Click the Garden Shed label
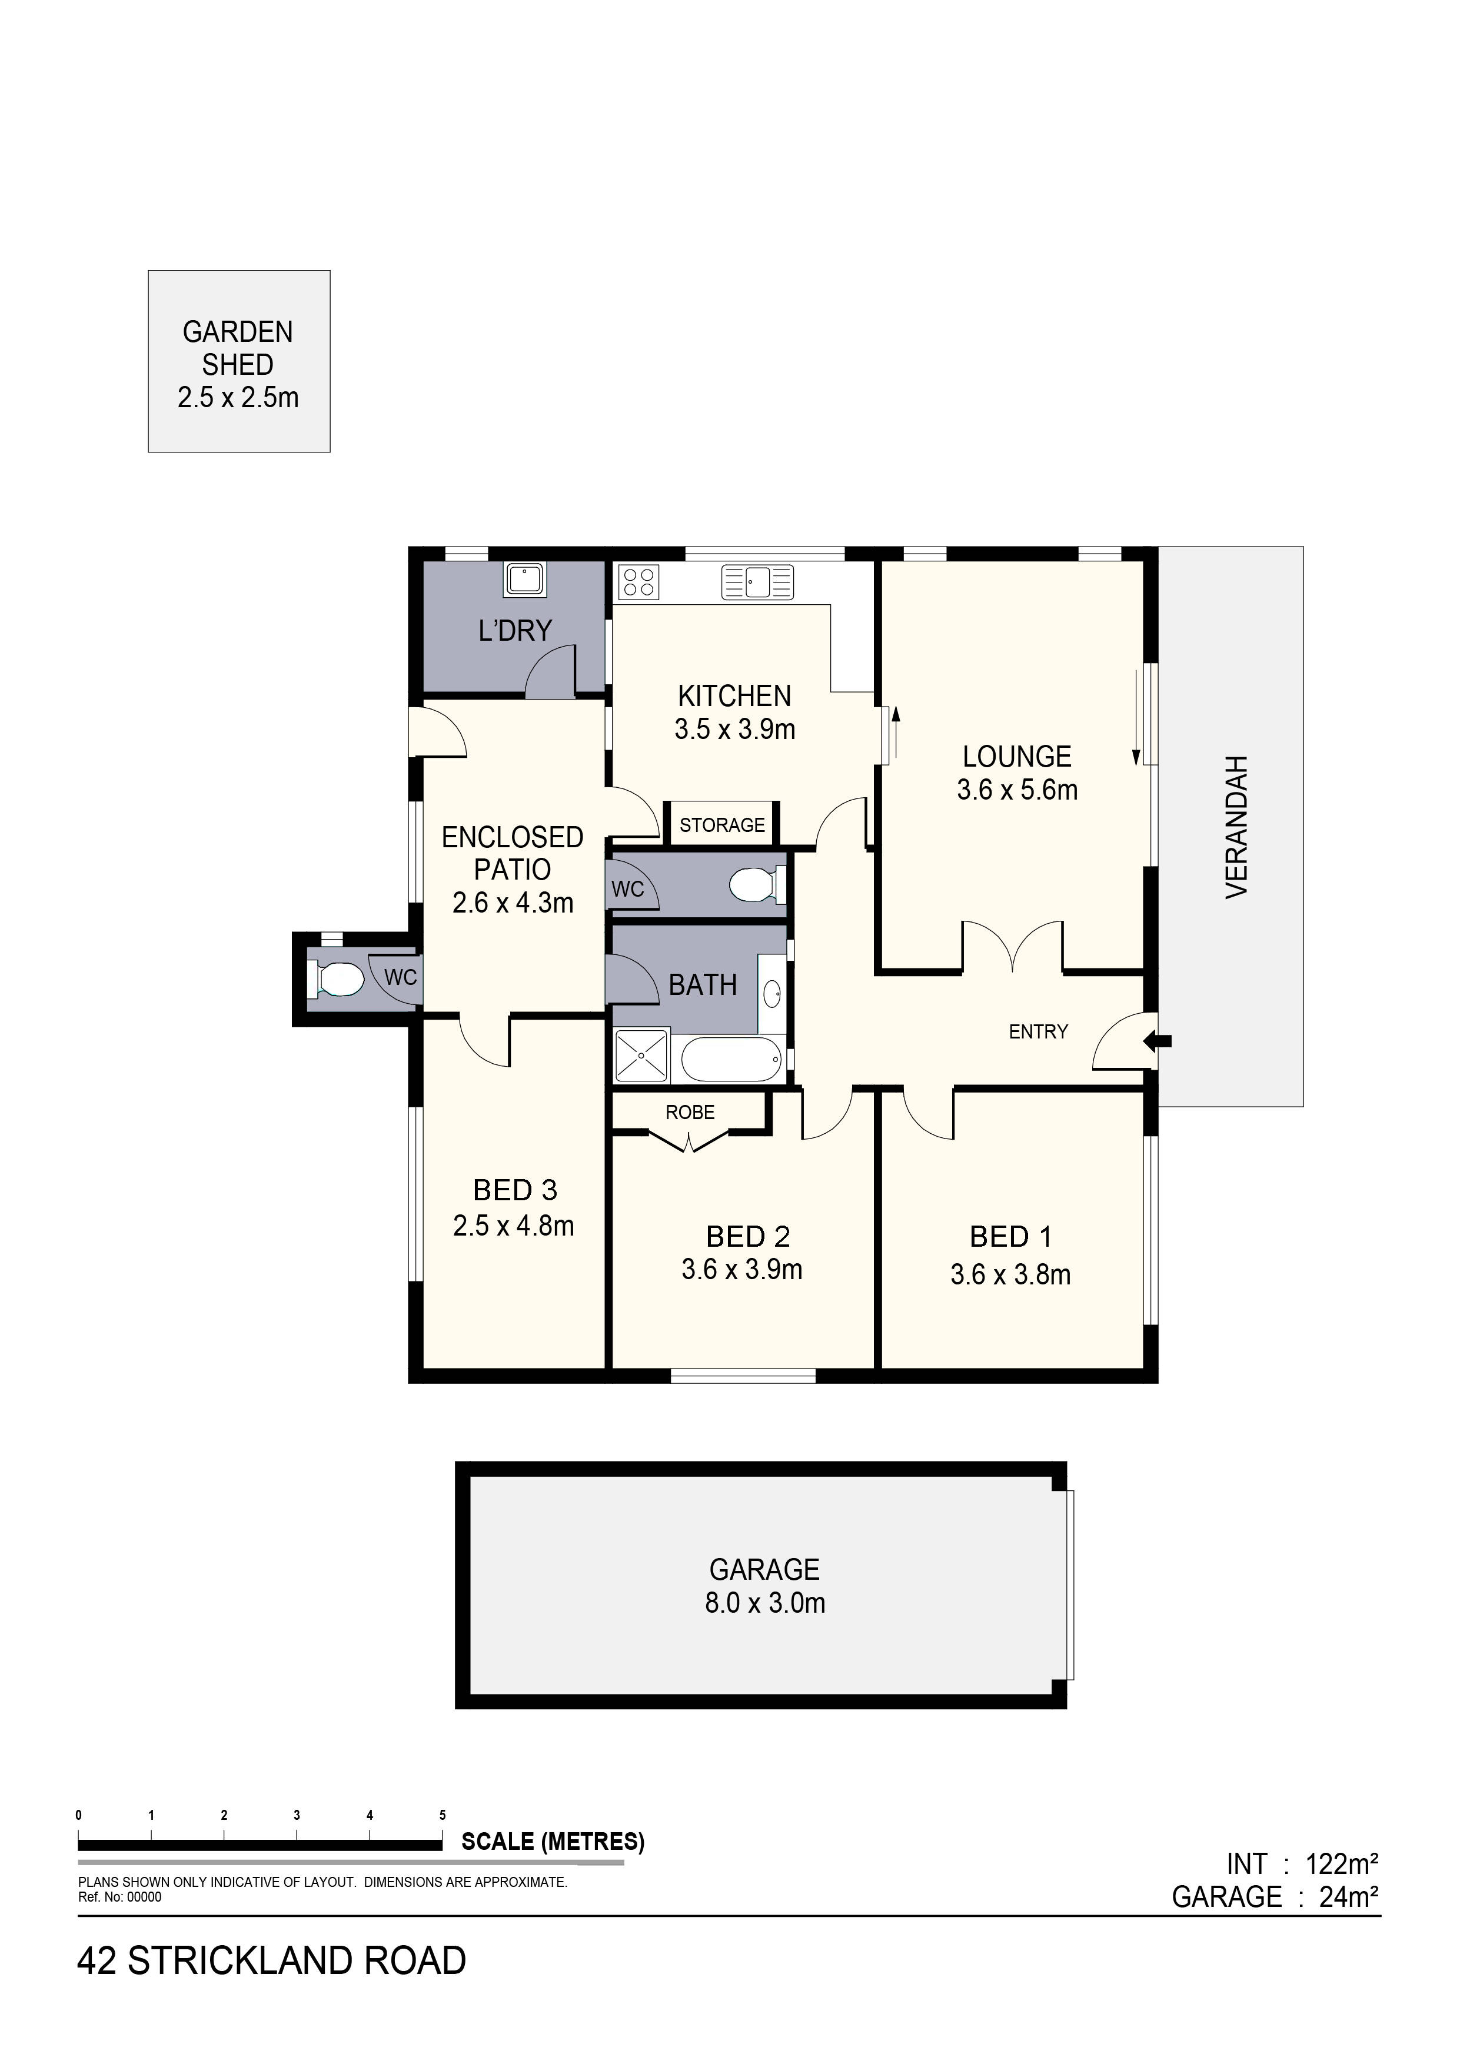point(238,364)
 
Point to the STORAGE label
point(722,824)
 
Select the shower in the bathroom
point(642,1056)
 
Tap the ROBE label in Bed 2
point(690,1112)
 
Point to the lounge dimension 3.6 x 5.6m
point(1017,790)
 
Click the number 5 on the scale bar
point(443,1815)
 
